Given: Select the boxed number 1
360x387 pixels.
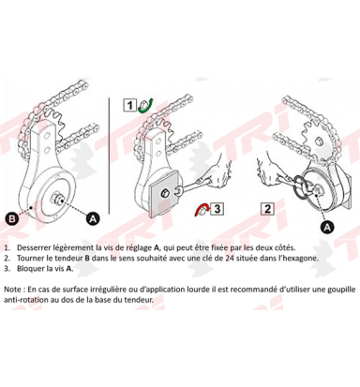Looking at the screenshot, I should coord(132,105).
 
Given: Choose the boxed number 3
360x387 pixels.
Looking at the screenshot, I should coord(217,209).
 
